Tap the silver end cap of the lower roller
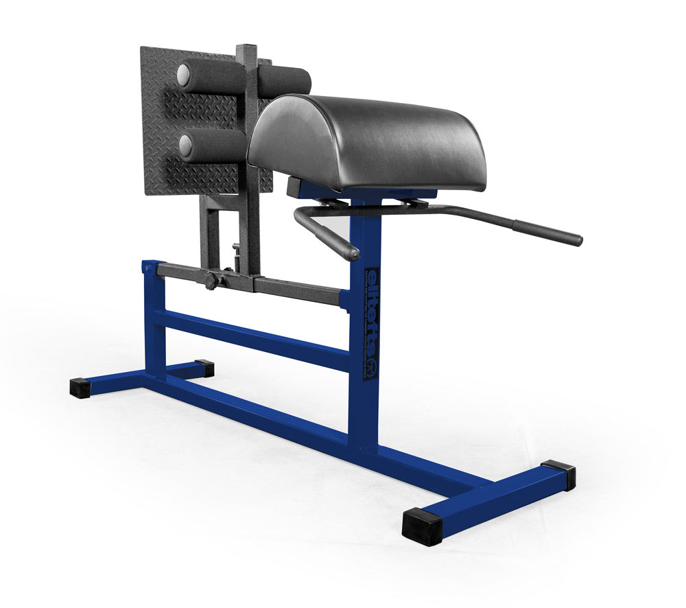coord(185,145)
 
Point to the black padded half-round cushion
coord(370,141)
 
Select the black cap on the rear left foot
coord(204,368)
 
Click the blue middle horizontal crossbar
coord(254,338)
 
